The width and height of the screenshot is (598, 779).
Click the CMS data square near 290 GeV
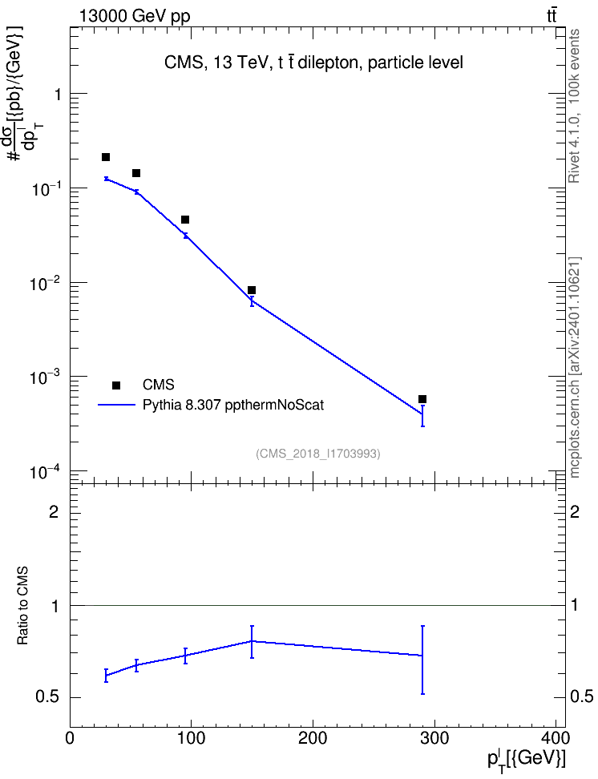422,399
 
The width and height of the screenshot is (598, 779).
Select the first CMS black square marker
105,157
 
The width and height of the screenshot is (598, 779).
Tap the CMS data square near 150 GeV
252,290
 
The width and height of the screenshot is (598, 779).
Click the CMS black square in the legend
116,385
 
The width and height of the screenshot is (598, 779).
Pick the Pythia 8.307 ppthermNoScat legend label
233,405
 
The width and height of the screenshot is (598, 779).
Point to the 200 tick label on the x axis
313,738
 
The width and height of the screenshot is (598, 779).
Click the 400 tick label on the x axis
556,738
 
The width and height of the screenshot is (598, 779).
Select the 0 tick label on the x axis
70,738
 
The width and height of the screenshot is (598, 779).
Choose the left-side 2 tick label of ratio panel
54,512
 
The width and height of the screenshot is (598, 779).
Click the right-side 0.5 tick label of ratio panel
582,697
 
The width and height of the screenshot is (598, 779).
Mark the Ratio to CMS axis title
22,606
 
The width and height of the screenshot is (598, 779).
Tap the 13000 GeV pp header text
135,17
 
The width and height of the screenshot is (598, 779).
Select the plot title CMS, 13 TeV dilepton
313,63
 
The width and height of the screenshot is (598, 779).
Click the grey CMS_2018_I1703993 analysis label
318,454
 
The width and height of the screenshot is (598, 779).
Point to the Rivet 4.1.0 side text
574,106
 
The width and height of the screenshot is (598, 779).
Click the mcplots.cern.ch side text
574,368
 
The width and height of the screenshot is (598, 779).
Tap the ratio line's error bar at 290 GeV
422,660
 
